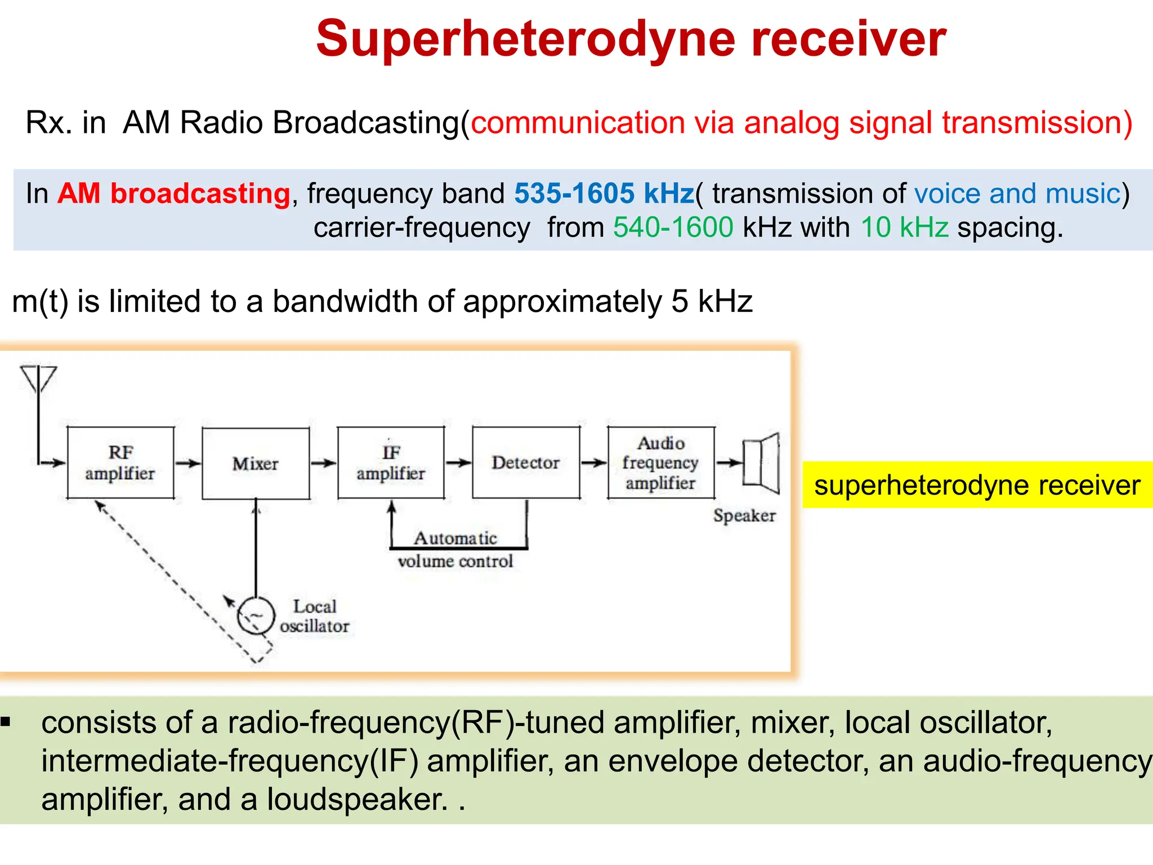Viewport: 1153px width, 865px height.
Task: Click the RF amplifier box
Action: [120, 462]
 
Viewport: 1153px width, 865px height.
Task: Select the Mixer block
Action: [256, 463]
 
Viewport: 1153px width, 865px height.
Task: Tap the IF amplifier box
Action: [391, 462]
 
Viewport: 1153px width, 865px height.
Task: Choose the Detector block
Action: [526, 462]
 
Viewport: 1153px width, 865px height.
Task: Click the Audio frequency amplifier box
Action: [661, 462]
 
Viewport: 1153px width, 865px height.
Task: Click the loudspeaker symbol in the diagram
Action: [762, 463]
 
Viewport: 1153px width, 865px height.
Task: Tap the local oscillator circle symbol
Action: [256, 616]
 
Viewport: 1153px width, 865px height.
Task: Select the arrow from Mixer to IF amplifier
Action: [323, 463]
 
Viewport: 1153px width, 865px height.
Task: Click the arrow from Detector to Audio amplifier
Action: [593, 462]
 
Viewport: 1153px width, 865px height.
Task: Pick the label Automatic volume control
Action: [455, 550]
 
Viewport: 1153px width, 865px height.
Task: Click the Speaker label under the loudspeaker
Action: [744, 515]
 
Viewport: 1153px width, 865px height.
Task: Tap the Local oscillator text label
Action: [315, 616]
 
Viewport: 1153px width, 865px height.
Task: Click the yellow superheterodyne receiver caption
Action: [977, 485]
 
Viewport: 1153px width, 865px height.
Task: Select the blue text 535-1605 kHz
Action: [604, 194]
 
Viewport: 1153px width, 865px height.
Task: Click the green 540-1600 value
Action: [673, 228]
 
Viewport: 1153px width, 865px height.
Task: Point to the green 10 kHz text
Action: [905, 228]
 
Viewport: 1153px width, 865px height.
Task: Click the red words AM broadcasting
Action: [174, 194]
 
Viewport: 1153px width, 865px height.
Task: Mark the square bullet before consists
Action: [6, 722]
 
